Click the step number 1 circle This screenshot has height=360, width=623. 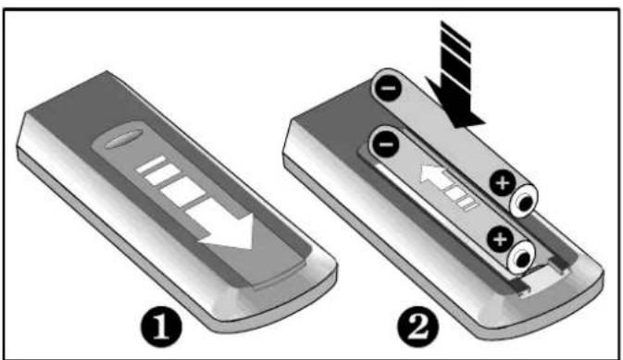coord(162,328)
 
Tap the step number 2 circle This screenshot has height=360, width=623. coord(418,328)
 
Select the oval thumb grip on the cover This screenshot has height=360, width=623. coord(123,138)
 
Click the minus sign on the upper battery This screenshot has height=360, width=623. coord(388,87)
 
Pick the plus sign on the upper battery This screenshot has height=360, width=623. coord(503,183)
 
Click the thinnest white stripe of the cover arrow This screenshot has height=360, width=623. coord(151,164)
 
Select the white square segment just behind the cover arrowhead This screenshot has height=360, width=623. coord(183,192)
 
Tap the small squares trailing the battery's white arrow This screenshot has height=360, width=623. coord(462,197)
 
